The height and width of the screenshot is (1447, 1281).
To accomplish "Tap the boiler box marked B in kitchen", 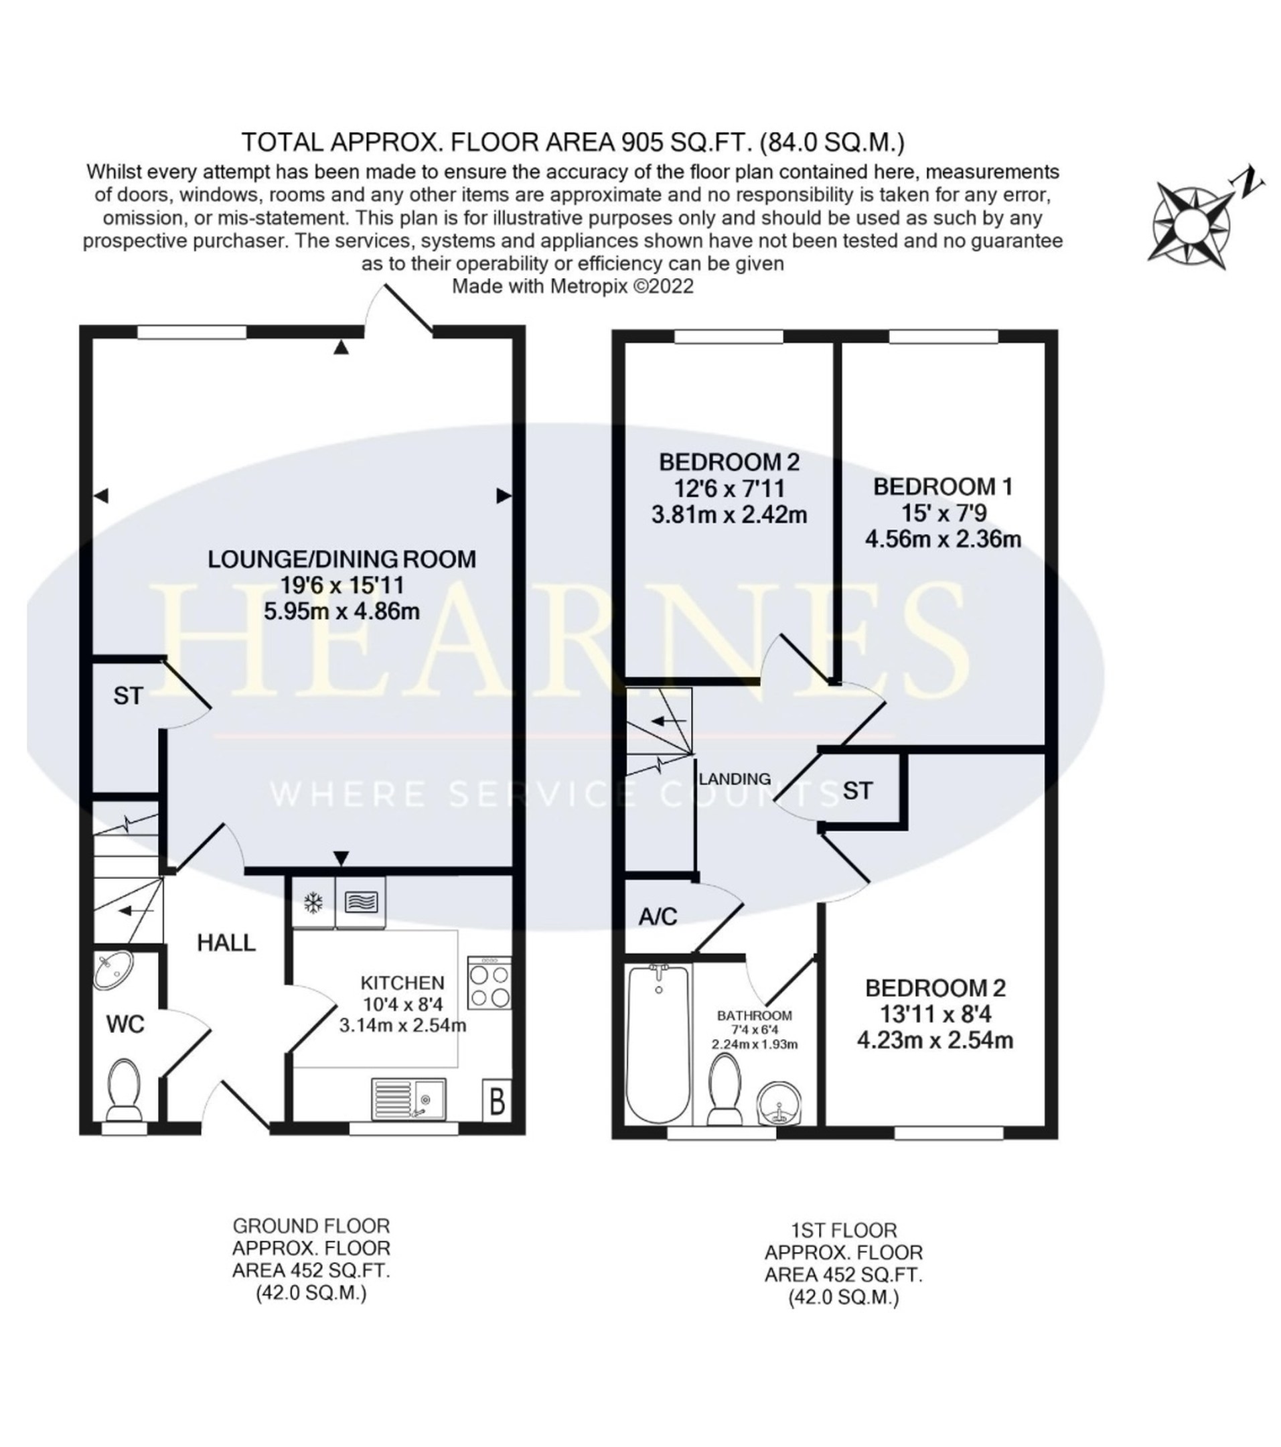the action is (497, 1099).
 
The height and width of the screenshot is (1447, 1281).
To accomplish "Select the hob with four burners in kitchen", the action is (489, 982).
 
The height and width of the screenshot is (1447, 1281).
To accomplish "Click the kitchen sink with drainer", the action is (408, 1099).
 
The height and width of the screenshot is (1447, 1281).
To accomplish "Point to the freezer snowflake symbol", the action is (313, 902).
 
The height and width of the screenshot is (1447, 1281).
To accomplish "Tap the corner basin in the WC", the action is (113, 969).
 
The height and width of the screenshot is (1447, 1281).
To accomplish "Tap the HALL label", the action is (226, 943).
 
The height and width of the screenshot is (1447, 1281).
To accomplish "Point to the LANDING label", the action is (735, 778).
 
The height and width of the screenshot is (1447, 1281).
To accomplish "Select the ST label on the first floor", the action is (858, 790).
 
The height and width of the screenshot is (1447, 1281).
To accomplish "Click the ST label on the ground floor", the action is (128, 696).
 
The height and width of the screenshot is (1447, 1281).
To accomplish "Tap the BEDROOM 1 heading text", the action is (943, 486).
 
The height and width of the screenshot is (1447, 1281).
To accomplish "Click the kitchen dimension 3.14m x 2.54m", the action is (402, 1024).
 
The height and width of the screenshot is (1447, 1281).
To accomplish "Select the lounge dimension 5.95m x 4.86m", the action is (342, 610).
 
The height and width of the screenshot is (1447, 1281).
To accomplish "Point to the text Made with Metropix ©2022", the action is (573, 286).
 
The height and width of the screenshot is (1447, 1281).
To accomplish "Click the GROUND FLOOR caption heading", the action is (311, 1225).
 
